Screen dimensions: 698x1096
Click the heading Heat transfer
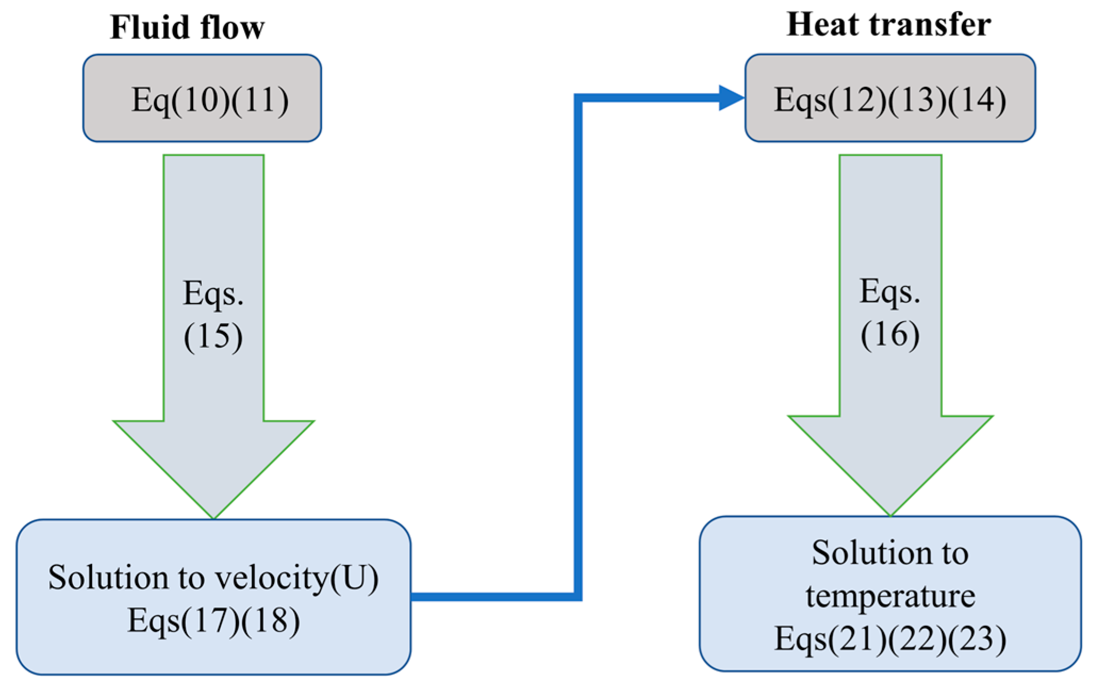coord(888,24)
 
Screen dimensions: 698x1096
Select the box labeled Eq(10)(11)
coord(202,98)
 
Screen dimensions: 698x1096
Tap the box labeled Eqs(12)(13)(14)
coord(890,98)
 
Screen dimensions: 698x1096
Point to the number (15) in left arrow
coord(213,336)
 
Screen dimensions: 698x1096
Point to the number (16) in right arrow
coord(890,335)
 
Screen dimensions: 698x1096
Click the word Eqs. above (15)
coord(213,294)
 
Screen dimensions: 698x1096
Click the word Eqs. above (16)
coord(890,292)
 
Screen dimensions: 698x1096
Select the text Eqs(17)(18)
coord(213,621)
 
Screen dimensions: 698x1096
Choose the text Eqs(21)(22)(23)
coord(890,638)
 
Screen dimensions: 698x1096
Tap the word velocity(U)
coord(296,578)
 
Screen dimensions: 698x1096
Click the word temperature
coord(890,596)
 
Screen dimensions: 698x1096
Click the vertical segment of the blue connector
coord(578,346)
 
